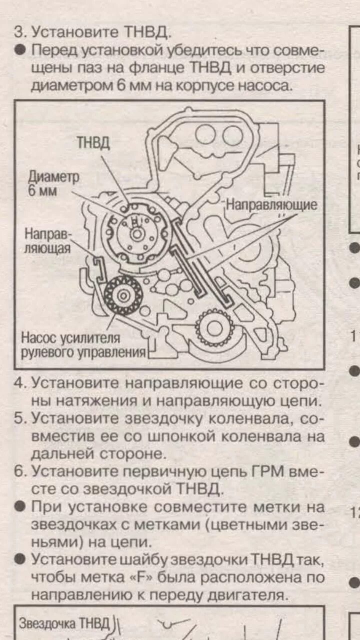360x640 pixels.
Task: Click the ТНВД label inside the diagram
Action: point(93,142)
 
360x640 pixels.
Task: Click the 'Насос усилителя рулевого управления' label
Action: point(83,345)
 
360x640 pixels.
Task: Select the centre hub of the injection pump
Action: point(135,233)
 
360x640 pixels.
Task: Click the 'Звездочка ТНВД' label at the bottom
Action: point(64,623)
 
